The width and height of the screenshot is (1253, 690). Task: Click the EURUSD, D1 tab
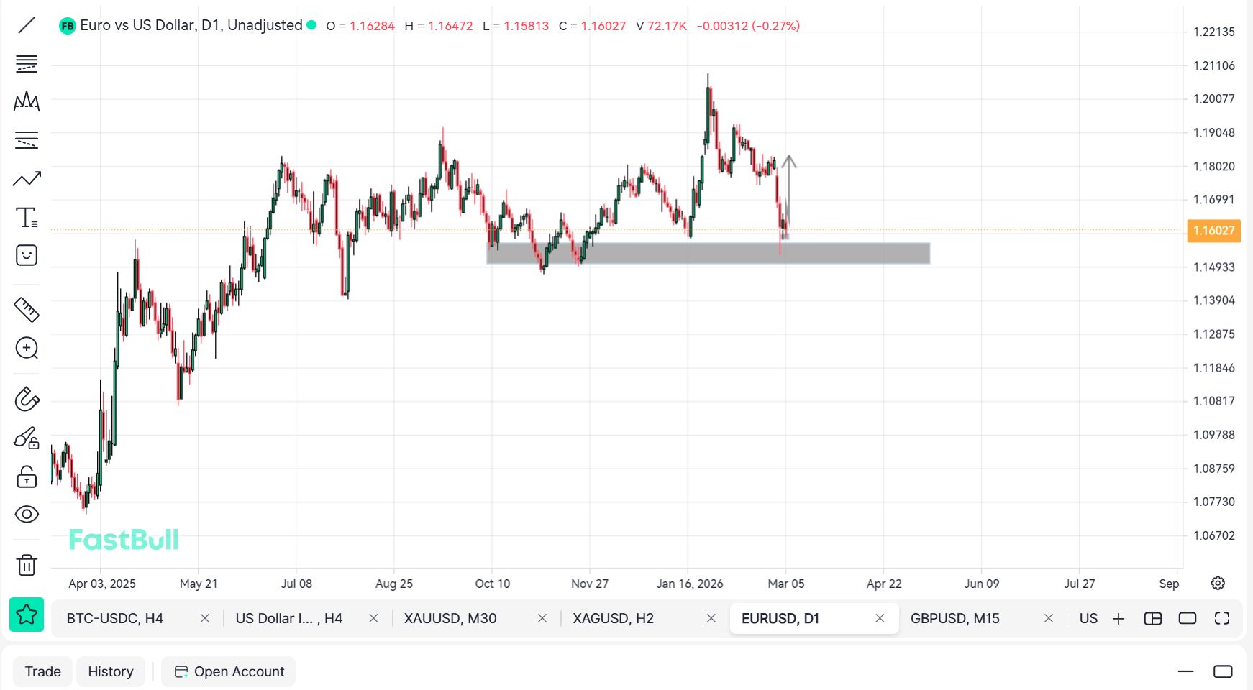(x=780, y=618)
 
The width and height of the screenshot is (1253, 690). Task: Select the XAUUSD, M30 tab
(x=450, y=618)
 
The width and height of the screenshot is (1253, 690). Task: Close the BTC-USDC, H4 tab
(x=205, y=618)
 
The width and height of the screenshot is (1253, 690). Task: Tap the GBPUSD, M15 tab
(x=954, y=618)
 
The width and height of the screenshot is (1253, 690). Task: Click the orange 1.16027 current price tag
(x=1213, y=231)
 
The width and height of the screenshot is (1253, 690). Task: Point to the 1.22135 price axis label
(x=1213, y=32)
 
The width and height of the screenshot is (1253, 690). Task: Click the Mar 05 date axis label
(x=785, y=584)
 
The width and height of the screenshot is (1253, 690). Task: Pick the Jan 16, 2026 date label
(x=689, y=584)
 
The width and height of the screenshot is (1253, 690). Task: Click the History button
(x=111, y=671)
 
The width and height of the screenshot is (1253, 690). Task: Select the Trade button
(x=43, y=671)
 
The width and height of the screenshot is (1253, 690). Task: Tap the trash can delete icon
(x=27, y=565)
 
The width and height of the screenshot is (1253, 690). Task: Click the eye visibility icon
(x=27, y=514)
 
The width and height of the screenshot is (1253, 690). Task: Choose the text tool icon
(x=27, y=217)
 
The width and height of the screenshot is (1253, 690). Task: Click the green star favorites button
(x=27, y=615)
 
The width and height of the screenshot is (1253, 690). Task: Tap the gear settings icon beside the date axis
(x=1218, y=583)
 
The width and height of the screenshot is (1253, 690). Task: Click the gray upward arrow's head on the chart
(x=789, y=160)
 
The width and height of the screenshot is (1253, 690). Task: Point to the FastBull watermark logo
(x=124, y=540)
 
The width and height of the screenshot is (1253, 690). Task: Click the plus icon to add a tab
(x=1118, y=619)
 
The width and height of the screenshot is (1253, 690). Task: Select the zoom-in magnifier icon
(x=27, y=349)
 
